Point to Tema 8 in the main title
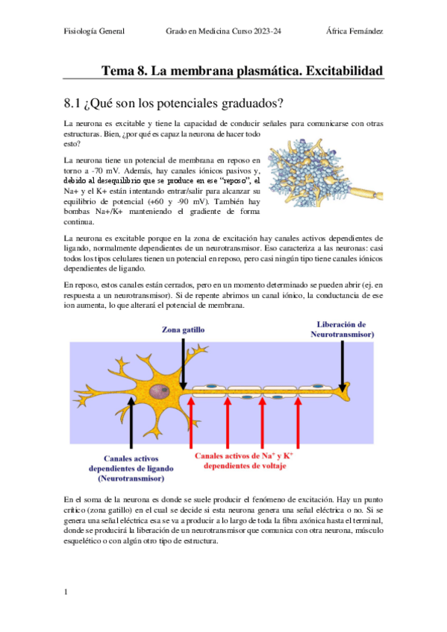124,71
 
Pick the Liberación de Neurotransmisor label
342,329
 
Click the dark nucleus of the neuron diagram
159,391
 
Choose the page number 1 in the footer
66,592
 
